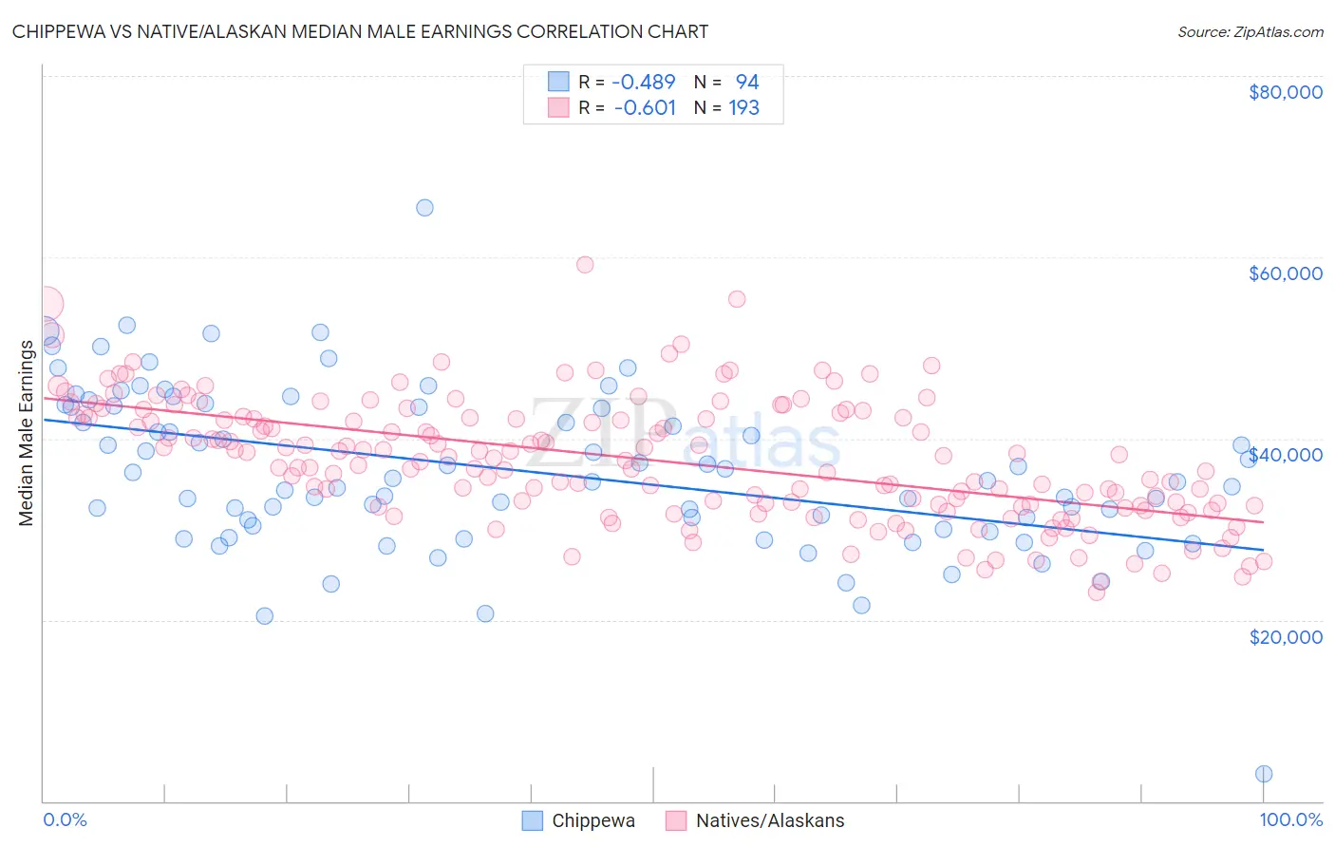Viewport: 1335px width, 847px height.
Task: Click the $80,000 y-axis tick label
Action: [1285, 92]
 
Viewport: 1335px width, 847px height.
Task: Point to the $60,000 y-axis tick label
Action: [1285, 273]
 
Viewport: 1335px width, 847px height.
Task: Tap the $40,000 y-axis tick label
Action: [1285, 455]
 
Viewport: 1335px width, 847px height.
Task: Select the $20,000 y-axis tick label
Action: [1285, 636]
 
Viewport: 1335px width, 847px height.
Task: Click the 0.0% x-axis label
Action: [65, 819]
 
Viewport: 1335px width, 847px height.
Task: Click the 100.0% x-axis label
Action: [1290, 819]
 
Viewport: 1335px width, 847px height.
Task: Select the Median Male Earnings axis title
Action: [26, 433]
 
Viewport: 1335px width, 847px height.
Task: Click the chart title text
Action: [360, 31]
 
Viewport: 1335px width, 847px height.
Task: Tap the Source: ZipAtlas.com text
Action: [1250, 31]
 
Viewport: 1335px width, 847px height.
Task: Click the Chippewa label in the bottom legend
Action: [593, 821]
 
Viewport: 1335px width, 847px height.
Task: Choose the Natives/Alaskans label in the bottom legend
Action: [770, 821]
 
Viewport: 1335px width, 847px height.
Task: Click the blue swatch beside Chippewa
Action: [533, 820]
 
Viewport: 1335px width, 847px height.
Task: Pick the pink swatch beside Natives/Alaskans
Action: [676, 820]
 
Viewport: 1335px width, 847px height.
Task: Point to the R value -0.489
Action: [644, 83]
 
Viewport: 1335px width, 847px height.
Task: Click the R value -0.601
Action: [645, 108]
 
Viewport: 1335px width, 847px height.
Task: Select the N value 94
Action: [747, 83]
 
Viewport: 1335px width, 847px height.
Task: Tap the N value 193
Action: [743, 108]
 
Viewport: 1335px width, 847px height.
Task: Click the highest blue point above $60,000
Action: [424, 207]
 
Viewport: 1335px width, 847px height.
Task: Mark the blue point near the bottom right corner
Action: [1263, 774]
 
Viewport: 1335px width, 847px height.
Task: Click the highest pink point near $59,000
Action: [585, 264]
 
